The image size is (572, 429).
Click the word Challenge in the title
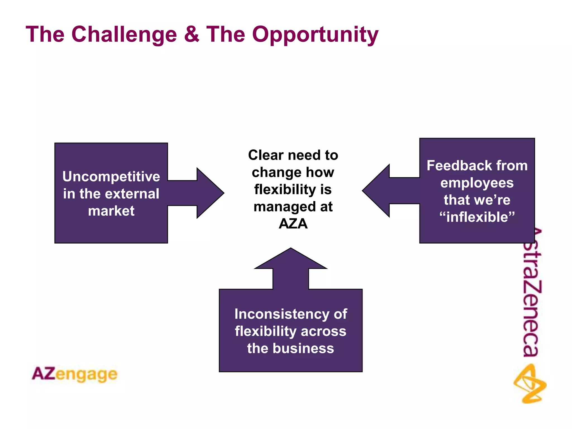coord(124,34)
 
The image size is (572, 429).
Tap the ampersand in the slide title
coord(192,34)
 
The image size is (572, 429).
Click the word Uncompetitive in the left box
coord(111,177)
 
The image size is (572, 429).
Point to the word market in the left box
coord(111,211)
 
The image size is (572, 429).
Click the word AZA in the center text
coord(293,224)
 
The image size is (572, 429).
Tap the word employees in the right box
coord(477,183)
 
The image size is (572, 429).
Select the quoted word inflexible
coord(477,217)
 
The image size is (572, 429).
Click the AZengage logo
coord(75,374)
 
